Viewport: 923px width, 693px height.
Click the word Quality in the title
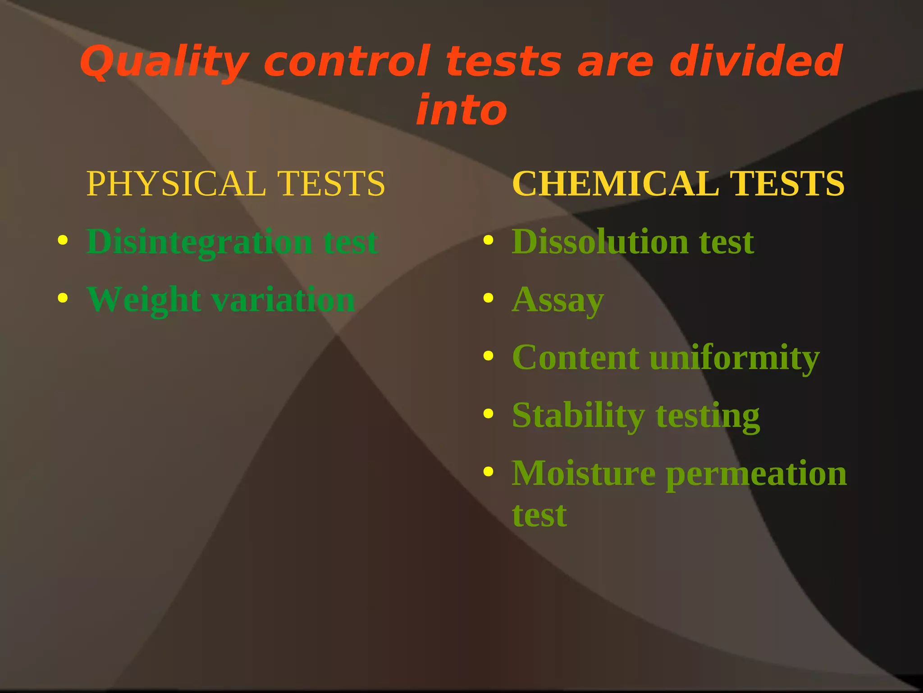(x=164, y=62)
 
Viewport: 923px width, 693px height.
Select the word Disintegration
(x=200, y=242)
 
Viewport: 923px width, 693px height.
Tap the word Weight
(x=144, y=300)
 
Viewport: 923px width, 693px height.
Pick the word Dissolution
(x=600, y=242)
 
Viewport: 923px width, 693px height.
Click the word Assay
(x=558, y=300)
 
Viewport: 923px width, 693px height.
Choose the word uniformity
(x=734, y=358)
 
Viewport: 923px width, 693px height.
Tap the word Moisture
(x=584, y=474)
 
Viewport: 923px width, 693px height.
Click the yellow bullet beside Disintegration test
(x=63, y=240)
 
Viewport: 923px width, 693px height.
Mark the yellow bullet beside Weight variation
(x=63, y=298)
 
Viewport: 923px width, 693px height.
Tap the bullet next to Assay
(x=488, y=298)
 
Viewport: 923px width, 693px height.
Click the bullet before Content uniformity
(x=488, y=356)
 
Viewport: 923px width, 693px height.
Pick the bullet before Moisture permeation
(x=488, y=471)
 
